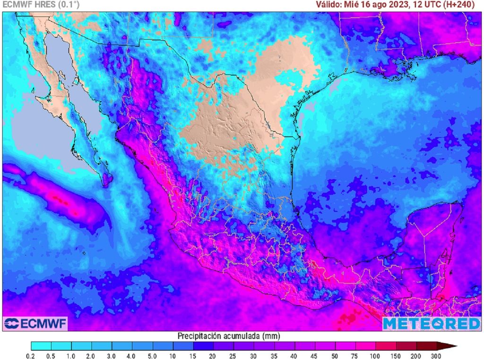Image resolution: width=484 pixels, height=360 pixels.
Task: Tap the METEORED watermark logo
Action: pos(431,324)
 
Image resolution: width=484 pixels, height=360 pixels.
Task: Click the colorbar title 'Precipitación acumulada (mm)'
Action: pos(228,336)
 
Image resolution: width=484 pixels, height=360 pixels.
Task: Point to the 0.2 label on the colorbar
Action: pos(31,355)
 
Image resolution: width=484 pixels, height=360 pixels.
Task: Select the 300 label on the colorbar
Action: pos(436,355)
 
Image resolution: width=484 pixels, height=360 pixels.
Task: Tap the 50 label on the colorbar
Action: pos(335,355)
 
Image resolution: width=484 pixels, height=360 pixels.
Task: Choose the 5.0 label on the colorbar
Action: pos(152,355)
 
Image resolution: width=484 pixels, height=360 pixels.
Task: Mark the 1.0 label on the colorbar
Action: pos(71,355)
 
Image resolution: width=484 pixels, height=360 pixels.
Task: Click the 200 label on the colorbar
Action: pos(416,355)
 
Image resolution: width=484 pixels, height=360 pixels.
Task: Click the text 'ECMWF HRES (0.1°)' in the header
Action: pos(41,5)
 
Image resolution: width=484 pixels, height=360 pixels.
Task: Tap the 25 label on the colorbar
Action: pos(233,355)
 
